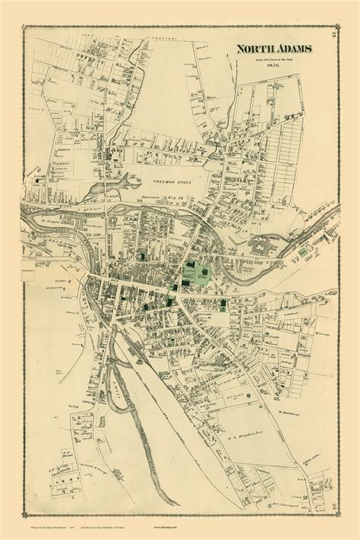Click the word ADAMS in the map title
[x=275, y=49]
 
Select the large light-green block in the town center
[x=194, y=271]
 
